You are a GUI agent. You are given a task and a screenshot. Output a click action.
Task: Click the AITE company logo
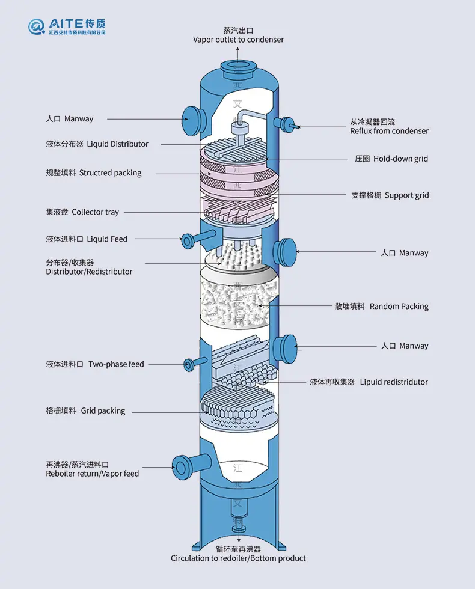(x=67, y=26)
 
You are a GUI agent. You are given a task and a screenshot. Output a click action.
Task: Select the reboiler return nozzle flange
(x=181, y=468)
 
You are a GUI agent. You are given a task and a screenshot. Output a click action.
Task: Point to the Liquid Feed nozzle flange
(x=187, y=241)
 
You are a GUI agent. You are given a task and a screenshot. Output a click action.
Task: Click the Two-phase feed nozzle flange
(x=189, y=365)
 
